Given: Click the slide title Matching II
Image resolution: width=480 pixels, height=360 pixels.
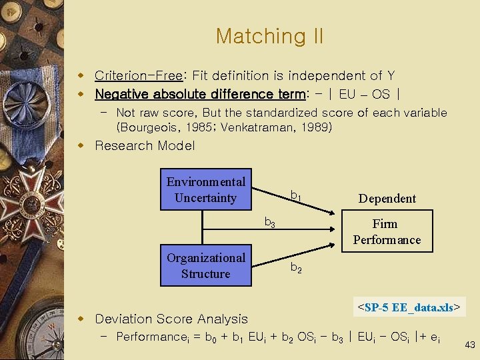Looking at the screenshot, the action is (269, 36).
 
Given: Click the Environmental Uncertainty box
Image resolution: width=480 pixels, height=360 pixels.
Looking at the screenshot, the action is (205, 189).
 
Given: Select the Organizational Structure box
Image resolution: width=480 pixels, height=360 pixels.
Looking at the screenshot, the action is (205, 265).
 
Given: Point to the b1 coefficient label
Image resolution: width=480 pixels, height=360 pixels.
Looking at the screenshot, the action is (295, 196).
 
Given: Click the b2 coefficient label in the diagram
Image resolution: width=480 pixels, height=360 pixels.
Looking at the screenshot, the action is (295, 268).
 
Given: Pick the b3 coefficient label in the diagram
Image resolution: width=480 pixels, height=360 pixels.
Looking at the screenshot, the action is (269, 223).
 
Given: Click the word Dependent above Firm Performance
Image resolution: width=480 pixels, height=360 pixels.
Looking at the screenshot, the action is (387, 198).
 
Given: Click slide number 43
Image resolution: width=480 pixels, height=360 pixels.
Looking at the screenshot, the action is (469, 345).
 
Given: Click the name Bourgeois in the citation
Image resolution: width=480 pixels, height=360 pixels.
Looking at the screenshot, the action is (149, 127).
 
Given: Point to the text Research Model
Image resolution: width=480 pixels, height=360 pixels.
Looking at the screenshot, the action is (145, 145).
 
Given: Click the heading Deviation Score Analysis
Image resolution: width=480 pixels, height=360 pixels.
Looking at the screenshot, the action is (171, 319).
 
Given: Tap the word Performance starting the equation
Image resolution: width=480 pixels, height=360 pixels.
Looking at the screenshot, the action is (153, 337).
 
